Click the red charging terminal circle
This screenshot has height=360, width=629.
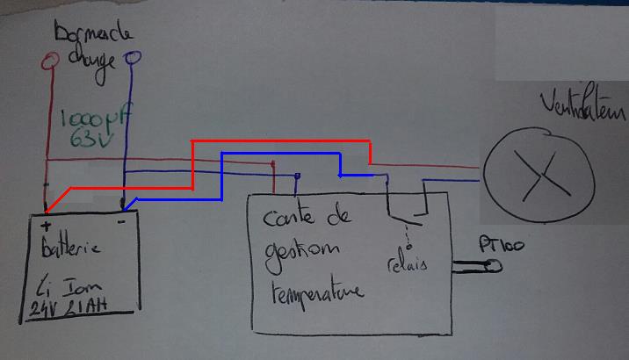pos(50,61)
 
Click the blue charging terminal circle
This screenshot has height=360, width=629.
pos(134,60)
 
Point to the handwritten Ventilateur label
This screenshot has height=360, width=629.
pos(583,113)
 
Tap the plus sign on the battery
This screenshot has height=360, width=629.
pos(46,227)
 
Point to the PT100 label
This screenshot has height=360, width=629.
pos(500,245)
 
